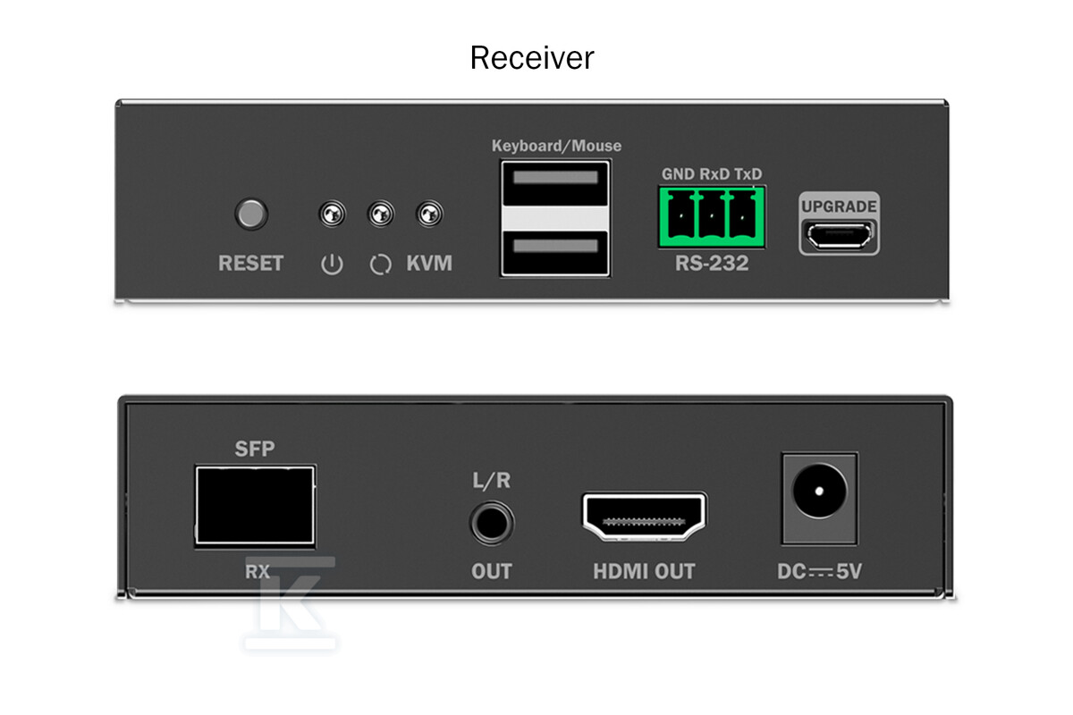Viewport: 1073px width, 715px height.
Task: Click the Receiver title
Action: (532, 57)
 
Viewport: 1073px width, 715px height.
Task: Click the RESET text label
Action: (250, 263)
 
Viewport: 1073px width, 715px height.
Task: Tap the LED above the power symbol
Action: (332, 214)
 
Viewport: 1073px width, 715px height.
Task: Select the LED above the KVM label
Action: (429, 214)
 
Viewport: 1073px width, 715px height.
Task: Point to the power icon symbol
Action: (332, 265)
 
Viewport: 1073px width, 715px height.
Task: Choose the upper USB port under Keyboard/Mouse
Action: (555, 183)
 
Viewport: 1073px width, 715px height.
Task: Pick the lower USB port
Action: (555, 253)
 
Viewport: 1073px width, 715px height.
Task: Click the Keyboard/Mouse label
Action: (556, 146)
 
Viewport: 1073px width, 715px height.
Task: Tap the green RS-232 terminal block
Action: (712, 217)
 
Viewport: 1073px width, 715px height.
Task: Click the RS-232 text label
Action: (712, 263)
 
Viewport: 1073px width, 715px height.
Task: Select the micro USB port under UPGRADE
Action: (840, 236)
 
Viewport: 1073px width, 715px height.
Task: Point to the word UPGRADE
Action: (840, 206)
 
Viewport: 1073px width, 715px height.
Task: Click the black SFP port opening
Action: (255, 505)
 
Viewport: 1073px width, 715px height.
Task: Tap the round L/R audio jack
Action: (492, 523)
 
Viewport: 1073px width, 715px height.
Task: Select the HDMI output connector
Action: (645, 517)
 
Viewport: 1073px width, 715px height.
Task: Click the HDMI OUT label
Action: (644, 571)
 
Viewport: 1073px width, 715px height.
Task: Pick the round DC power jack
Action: (820, 491)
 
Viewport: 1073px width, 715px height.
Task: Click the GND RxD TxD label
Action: (712, 174)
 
